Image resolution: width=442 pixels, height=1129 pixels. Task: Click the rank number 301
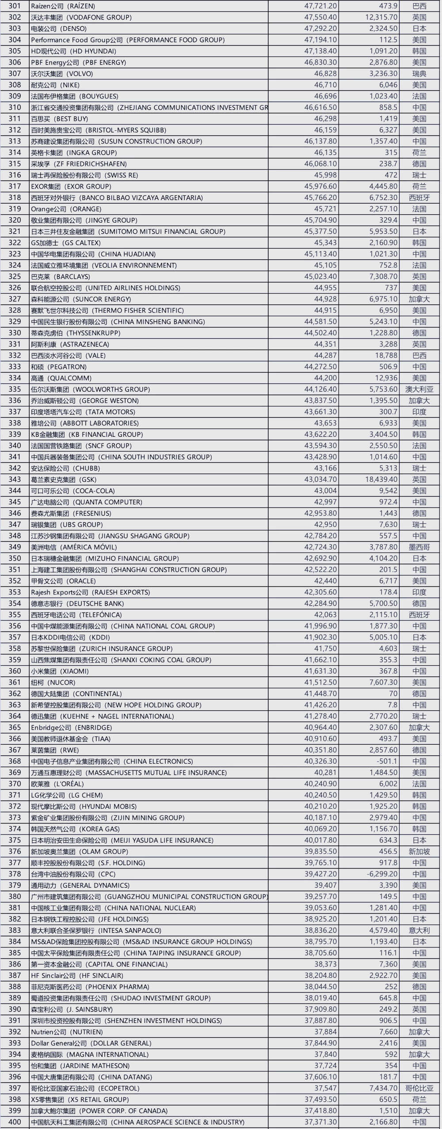click(15, 6)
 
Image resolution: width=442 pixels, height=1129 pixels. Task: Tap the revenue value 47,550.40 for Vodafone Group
click(320, 17)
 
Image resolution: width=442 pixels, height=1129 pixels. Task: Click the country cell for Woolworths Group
click(419, 389)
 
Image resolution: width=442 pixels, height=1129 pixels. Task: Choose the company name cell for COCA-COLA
click(73, 491)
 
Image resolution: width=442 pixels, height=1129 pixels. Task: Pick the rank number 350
click(15, 558)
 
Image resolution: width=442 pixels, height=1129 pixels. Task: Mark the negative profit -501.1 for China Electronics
click(385, 761)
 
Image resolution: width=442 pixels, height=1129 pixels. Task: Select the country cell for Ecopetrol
click(419, 1088)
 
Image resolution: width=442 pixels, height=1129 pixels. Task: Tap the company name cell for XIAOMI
click(60, 671)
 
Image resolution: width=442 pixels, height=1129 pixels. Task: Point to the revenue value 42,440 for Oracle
click(325, 581)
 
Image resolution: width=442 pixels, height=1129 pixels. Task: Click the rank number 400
click(15, 1122)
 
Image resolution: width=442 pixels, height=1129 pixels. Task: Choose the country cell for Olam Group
click(419, 851)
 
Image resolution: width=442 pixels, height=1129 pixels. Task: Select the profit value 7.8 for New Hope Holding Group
click(392, 705)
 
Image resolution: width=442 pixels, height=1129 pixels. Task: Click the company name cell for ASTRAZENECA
click(70, 344)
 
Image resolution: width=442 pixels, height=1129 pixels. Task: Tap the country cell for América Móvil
click(419, 547)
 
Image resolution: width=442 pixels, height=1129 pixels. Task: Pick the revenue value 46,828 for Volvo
click(325, 74)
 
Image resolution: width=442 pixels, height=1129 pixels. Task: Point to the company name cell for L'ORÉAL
click(57, 784)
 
